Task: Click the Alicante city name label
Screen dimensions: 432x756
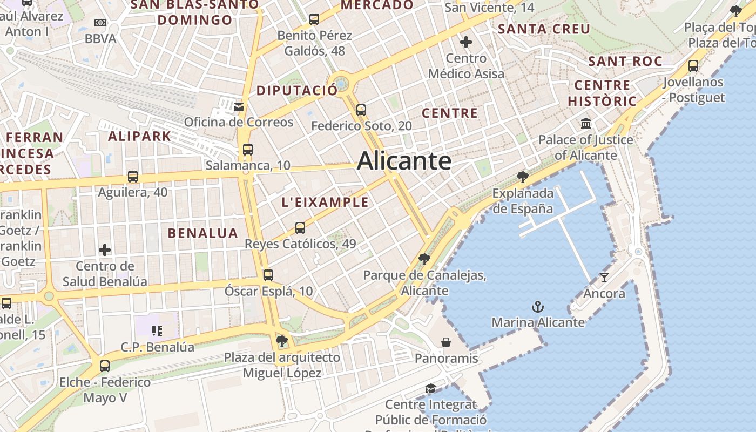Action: click(404, 161)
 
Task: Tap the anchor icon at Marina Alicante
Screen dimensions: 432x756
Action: click(537, 307)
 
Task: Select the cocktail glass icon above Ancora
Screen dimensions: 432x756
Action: click(604, 278)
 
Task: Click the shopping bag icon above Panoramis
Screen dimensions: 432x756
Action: click(446, 342)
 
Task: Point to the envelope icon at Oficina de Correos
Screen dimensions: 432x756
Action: click(239, 106)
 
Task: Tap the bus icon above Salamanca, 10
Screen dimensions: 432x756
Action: click(247, 150)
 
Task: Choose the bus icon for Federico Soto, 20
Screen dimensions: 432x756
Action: click(361, 110)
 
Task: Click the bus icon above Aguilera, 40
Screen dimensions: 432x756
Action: click(132, 177)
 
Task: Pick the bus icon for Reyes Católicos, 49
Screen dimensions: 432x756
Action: click(300, 228)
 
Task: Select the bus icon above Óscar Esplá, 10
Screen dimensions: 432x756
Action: click(268, 275)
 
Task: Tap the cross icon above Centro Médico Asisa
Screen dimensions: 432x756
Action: click(465, 42)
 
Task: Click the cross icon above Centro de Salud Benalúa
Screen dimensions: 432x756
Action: click(105, 250)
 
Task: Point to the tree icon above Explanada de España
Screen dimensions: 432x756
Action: click(522, 177)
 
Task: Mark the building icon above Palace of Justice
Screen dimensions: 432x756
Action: click(586, 124)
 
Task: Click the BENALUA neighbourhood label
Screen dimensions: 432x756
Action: click(202, 233)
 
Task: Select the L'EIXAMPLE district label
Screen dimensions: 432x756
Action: click(325, 202)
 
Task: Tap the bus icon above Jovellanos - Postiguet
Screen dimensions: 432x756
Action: click(693, 66)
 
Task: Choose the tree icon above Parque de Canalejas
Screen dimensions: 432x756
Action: click(424, 259)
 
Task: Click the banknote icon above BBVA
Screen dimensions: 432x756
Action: click(100, 23)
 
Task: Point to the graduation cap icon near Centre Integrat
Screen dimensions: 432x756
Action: click(430, 389)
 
